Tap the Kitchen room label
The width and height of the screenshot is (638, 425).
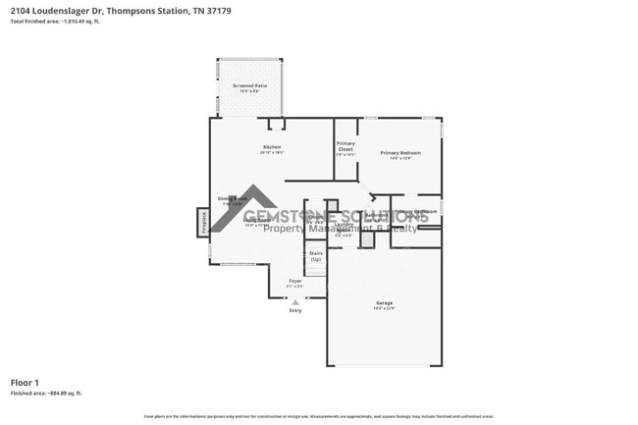click(271, 147)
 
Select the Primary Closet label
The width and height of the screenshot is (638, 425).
click(345, 146)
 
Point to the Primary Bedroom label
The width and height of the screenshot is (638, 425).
click(400, 152)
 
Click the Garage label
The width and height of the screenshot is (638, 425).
click(384, 302)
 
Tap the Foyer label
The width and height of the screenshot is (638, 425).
click(294, 282)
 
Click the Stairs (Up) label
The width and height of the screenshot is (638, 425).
click(315, 255)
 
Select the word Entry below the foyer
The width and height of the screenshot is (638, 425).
click(294, 311)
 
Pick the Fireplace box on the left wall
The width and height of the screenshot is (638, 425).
click(203, 223)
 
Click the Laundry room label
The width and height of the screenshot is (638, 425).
click(344, 225)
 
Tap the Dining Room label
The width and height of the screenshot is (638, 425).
click(231, 199)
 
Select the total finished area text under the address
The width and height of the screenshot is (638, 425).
click(55, 21)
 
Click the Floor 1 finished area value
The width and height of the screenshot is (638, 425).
click(46, 393)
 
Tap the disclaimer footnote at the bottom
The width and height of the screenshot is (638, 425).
click(318, 417)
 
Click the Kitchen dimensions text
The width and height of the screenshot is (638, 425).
click(271, 153)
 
